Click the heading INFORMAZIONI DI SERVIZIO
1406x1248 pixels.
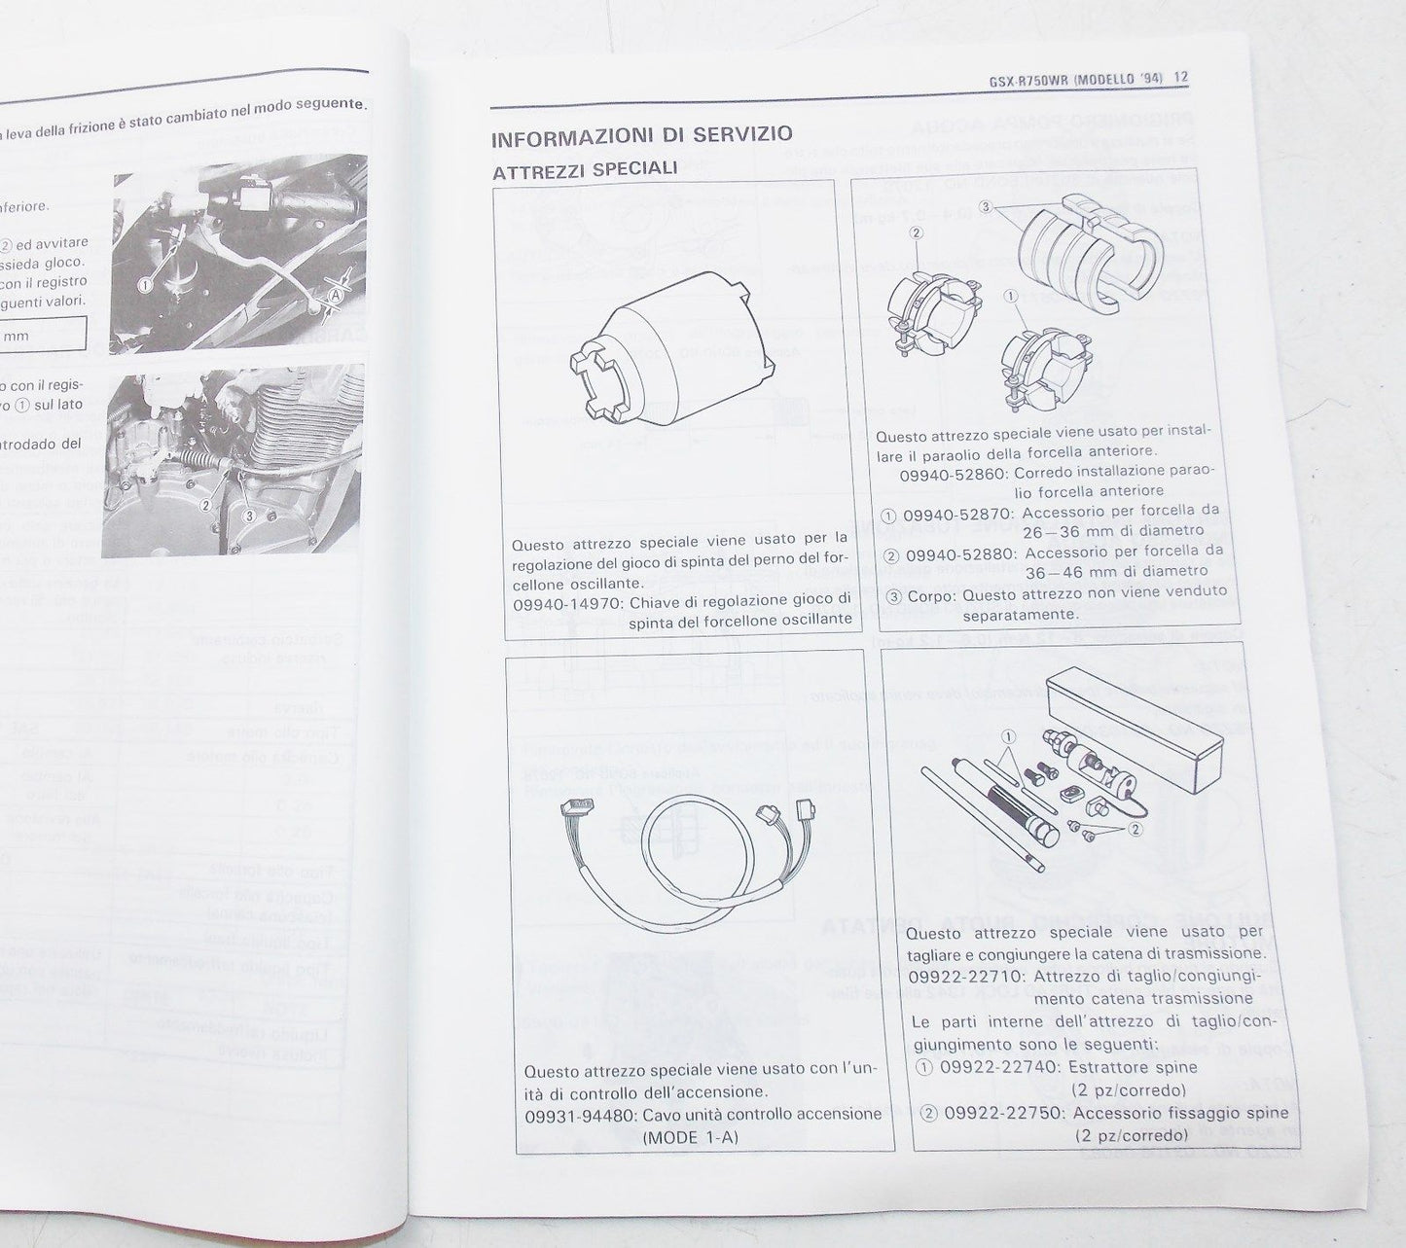642,136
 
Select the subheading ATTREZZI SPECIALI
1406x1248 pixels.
585,169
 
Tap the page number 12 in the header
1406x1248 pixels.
1181,78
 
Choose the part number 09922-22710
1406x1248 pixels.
964,976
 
